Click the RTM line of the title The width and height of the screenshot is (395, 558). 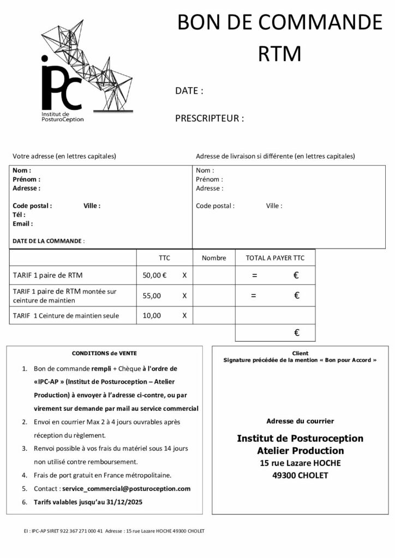279,54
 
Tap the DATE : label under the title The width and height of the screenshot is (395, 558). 189,91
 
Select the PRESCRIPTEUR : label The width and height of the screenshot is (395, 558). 210,118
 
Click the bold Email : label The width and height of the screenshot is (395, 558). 22,223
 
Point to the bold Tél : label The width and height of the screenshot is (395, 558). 19,215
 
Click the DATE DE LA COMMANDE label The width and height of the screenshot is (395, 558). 49,241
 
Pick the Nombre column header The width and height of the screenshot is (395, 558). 214,258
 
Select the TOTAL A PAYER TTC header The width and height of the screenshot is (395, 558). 275,258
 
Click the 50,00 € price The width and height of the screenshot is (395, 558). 154,275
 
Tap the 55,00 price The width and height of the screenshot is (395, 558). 152,295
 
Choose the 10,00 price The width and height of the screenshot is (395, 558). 152,315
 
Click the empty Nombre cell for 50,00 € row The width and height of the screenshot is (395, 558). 214,275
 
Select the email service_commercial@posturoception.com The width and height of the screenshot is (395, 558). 126,489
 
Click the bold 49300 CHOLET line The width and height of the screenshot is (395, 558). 300,475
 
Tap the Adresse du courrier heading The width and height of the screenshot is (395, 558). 300,421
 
